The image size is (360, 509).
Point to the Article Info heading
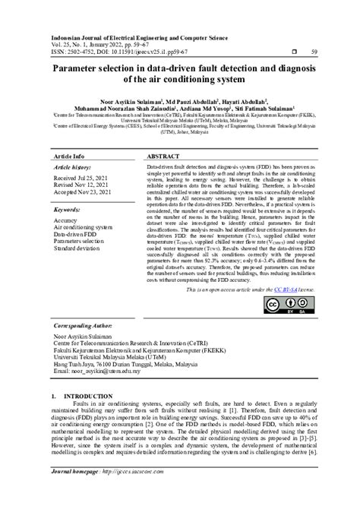pos(69,156)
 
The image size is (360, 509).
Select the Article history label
pos(72,166)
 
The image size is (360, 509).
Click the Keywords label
pos(68,208)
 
